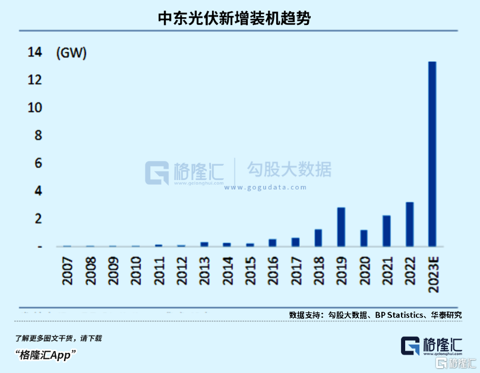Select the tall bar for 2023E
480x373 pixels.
point(432,154)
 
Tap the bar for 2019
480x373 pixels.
point(341,227)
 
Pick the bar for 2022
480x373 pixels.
point(409,225)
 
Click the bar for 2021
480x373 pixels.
point(386,231)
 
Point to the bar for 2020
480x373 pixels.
point(364,238)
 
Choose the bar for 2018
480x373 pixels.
point(318,238)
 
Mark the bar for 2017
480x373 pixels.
point(295,242)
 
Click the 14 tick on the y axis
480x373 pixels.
point(35,52)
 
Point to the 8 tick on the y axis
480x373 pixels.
point(39,135)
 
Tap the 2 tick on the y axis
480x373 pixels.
point(39,219)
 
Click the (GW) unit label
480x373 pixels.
point(71,53)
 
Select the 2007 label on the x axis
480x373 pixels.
point(68,271)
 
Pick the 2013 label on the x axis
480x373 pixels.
point(204,271)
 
